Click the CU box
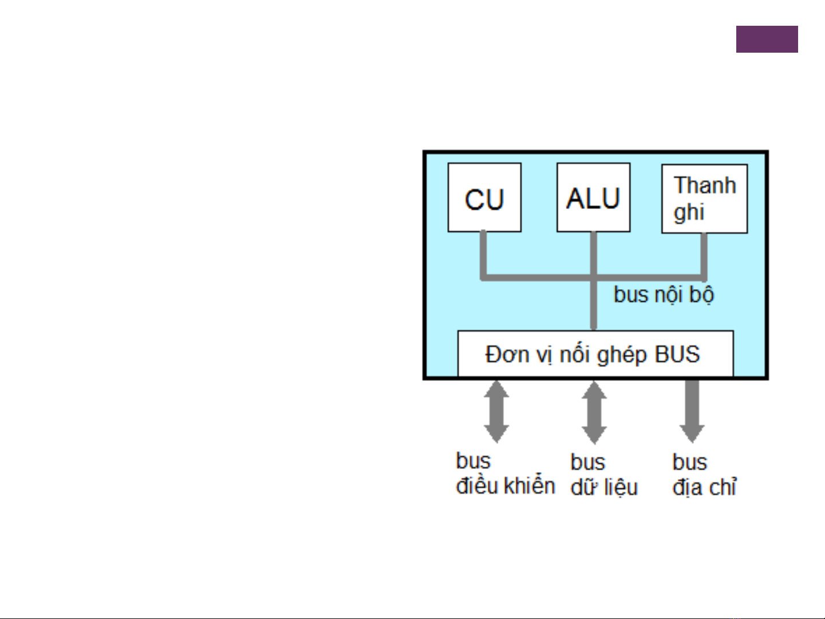point(484,198)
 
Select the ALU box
point(593,198)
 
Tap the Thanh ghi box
point(704,199)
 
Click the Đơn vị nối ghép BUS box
point(595,354)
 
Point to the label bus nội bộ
point(664,295)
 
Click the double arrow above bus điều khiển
point(496,412)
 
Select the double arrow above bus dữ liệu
point(594,412)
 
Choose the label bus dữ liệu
point(604,475)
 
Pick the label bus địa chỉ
point(704,475)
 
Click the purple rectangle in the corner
point(767,40)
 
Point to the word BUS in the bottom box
point(677,354)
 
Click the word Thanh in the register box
point(705,186)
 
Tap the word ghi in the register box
point(688,212)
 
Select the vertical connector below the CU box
point(483,255)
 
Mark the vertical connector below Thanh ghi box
point(704,255)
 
